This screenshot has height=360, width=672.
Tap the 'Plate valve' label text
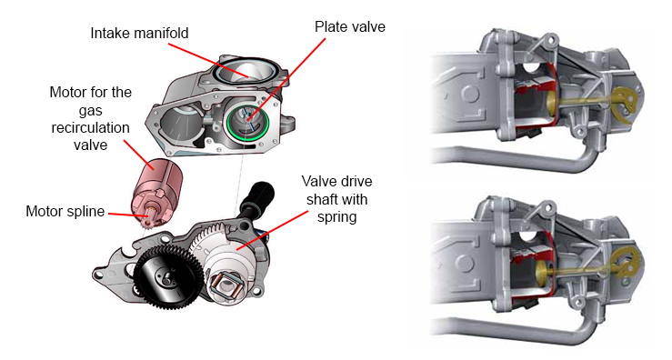[350, 26]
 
